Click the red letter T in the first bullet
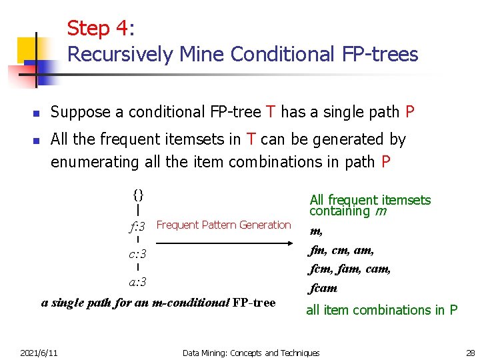[270, 112]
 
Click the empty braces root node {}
[138, 195]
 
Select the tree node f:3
[137, 227]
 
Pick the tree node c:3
[137, 255]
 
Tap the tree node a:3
[137, 282]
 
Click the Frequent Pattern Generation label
[223, 225]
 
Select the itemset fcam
[323, 288]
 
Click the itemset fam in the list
[351, 269]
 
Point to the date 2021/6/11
[39, 352]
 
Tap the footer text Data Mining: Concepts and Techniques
[251, 352]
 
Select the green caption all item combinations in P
[381, 310]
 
